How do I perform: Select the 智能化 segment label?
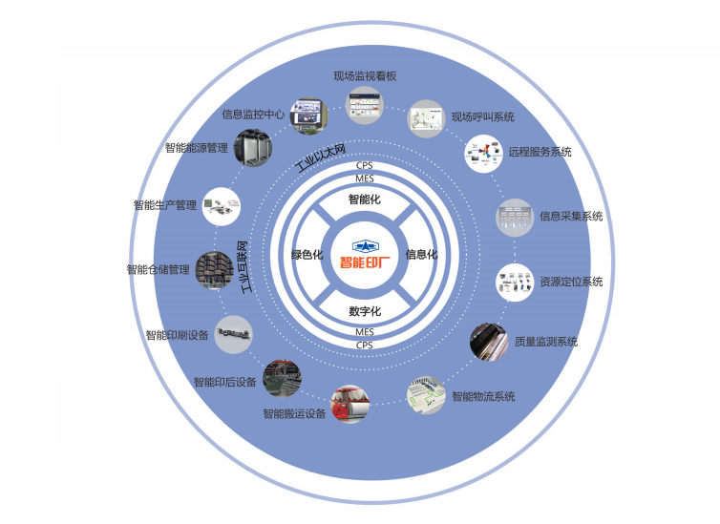point(364,200)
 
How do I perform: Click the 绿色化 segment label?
point(307,255)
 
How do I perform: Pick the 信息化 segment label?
point(421,255)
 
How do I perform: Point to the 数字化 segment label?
point(364,311)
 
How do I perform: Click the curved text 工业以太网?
point(320,156)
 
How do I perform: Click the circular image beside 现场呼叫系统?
point(425,118)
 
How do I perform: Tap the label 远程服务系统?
point(540,152)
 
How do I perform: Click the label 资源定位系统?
point(571,282)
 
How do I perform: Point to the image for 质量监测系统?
point(488,341)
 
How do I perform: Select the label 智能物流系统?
point(483,396)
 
